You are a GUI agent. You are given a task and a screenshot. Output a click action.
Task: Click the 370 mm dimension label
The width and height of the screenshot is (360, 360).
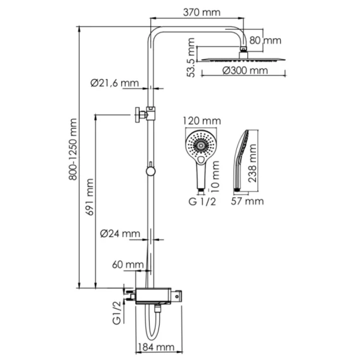coord(202,12)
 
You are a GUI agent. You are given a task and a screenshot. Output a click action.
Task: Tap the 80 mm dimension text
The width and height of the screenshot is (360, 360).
coord(265,41)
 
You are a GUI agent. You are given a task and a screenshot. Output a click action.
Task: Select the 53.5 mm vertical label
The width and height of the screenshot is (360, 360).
coord(191,58)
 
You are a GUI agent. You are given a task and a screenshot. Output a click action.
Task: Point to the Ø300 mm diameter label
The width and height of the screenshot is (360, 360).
coord(245,70)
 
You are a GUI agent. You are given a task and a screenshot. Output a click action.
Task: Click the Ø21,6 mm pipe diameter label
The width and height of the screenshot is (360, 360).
coord(115,83)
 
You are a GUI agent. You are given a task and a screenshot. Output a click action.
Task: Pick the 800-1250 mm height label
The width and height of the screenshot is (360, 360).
coord(73,149)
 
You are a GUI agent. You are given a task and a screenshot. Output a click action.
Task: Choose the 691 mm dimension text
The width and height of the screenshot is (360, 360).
coord(89,197)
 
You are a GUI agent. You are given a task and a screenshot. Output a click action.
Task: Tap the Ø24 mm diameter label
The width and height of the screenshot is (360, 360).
coord(120,234)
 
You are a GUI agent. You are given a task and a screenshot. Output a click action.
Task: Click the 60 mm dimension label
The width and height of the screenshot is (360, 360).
coord(128,265)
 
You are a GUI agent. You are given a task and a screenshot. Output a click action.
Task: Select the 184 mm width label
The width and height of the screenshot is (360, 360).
coord(157,347)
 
